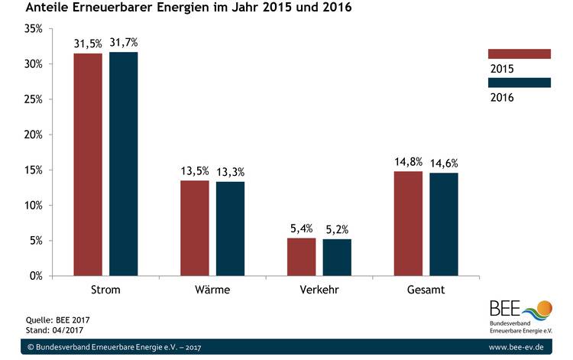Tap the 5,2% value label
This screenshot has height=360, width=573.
click(337, 229)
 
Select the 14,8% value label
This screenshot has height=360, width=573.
click(408, 162)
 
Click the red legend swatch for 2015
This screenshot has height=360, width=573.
click(519, 54)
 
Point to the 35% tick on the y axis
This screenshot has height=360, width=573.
click(33, 29)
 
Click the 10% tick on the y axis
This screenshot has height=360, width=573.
click(33, 206)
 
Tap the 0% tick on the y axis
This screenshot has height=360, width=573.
click(35, 276)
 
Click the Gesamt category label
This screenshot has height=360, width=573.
click(426, 291)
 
